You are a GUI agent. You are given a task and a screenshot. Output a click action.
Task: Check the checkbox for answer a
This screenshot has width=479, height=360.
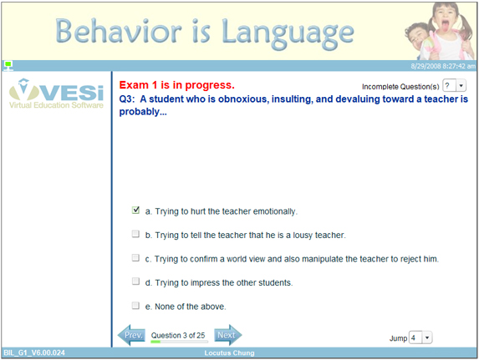coord(136,210)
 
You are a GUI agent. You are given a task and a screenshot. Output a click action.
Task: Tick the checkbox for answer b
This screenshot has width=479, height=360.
coord(136,235)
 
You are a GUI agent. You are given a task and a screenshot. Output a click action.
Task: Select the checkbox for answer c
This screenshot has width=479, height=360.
coord(136,258)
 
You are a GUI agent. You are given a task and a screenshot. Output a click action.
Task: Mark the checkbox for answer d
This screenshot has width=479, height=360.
coord(136,282)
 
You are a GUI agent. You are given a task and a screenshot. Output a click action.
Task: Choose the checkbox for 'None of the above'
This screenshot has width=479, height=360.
coord(136,306)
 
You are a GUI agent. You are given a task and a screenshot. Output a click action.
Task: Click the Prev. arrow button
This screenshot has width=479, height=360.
coord(132,336)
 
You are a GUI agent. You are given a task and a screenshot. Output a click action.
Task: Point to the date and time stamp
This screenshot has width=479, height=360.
coord(441,64)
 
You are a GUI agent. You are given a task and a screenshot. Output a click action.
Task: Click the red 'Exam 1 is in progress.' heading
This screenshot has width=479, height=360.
coord(176,85)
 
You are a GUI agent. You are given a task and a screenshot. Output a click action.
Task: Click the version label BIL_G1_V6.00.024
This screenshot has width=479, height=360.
coord(33,353)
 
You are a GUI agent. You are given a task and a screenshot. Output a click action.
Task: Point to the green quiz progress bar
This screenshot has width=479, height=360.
coord(178,342)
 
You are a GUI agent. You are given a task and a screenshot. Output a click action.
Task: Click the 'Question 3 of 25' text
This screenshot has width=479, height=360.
coord(178,334)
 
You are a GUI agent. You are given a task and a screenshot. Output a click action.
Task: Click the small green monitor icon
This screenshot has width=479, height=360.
coord(8,64)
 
